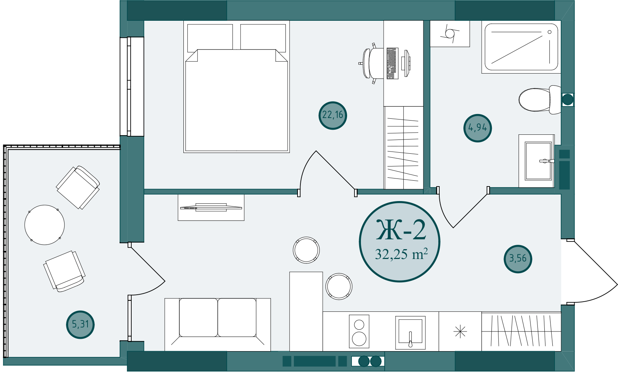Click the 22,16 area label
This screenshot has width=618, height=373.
[333, 115]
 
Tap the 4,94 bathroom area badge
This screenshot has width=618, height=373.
[477, 128]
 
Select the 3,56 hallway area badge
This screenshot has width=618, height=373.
[518, 259]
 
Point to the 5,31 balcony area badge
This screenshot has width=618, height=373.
[80, 325]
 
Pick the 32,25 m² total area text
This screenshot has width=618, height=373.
[401, 254]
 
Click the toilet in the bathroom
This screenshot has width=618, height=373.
[540, 99]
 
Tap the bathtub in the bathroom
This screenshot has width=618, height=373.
[521, 47]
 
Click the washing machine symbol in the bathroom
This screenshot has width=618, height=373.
[450, 34]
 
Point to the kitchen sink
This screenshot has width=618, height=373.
[410, 333]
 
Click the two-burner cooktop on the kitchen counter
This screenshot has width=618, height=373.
[359, 331]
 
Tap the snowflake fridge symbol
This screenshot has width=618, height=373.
[460, 331]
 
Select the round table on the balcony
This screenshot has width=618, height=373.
[44, 225]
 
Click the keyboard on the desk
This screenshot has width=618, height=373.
[392, 63]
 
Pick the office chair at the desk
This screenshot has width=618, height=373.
[371, 63]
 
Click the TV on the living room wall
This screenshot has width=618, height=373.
[211, 208]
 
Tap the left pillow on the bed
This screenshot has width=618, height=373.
[210, 38]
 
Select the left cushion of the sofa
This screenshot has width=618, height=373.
[198, 318]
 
